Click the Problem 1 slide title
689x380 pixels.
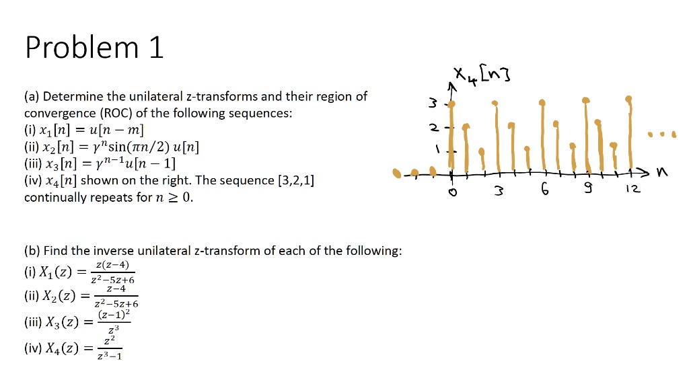coord(94,48)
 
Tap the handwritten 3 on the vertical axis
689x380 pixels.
coord(434,104)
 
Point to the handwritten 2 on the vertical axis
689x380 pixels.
coord(435,128)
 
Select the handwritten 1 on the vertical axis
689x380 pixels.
coord(437,150)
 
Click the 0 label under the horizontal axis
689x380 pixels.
coord(452,192)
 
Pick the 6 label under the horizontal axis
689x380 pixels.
coord(545,191)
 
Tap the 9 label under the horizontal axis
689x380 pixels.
coord(589,191)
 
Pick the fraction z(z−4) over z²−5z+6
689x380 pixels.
coord(115,272)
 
